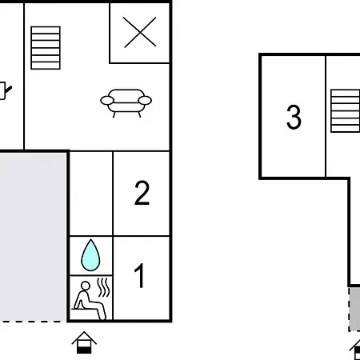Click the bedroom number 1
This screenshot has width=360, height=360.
[140, 275]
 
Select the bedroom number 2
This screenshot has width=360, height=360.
[142, 193]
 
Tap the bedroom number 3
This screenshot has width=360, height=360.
[294, 117]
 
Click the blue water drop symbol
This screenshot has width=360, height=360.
[90, 255]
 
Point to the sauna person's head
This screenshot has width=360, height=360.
[86, 286]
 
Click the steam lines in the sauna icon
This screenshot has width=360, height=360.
[103, 287]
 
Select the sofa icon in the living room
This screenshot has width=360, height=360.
[126, 103]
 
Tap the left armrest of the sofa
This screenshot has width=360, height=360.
[107, 101]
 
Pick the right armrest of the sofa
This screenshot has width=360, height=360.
[145, 101]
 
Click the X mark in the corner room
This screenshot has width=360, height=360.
[140, 32]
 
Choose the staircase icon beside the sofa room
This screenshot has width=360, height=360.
[46, 48]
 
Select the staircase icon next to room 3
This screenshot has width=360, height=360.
[346, 111]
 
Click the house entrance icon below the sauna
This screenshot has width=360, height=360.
[84, 342]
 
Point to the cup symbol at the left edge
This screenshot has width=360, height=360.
[4, 90]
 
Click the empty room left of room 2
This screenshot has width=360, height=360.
[91, 194]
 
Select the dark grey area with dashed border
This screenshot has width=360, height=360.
[355, 309]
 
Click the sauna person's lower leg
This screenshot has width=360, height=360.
[102, 313]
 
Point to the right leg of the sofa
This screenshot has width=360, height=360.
[139, 114]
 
